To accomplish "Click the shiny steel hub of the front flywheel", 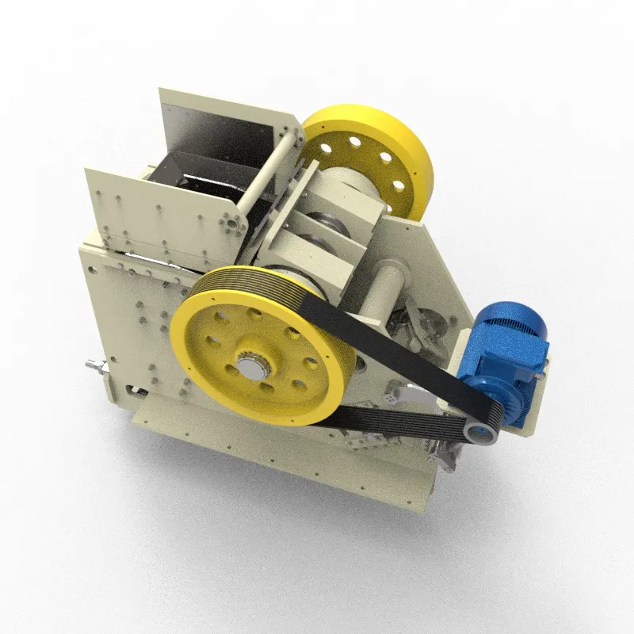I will tap(251, 367).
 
